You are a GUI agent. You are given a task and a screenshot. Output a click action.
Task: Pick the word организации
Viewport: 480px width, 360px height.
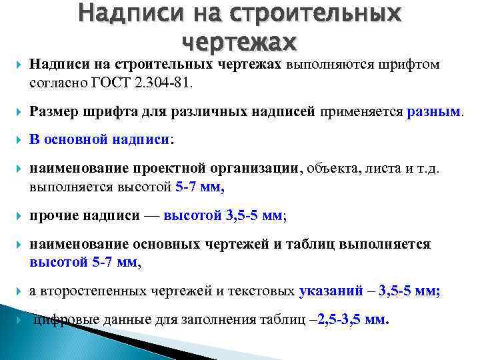pyautogui.click(x=257, y=169)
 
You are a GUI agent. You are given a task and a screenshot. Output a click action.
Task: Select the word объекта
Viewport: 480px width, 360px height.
pyautogui.click(x=332, y=169)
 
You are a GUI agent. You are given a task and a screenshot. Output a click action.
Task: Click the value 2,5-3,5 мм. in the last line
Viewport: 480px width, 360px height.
pyautogui.click(x=354, y=319)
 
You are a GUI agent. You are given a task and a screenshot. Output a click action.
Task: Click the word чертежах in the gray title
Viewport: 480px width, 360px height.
pyautogui.click(x=239, y=41)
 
